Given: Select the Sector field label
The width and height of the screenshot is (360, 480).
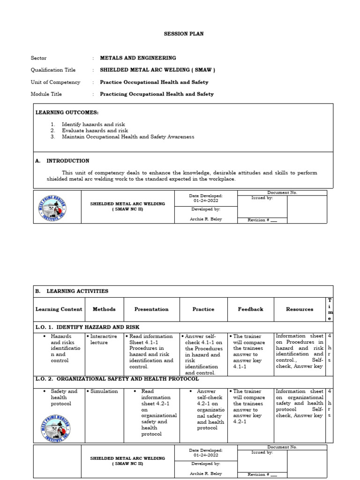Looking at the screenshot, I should [x=38, y=58].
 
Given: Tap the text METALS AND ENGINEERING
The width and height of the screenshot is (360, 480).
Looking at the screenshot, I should [x=138, y=58].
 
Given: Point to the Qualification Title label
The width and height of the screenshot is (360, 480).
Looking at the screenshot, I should [x=53, y=70].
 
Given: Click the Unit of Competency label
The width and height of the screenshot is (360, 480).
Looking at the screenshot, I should [x=55, y=82].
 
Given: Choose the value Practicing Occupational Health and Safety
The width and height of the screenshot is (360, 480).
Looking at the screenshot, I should [x=157, y=94].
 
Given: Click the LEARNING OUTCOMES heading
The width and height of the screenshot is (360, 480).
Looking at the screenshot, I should [x=67, y=112].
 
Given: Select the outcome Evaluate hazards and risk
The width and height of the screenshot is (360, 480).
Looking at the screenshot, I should [x=95, y=131].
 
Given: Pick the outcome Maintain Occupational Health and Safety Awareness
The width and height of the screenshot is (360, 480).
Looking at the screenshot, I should [x=127, y=137].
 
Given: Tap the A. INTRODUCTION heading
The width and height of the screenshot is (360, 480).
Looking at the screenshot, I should [x=62, y=161].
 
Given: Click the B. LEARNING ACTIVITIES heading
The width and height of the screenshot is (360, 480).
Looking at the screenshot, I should [x=72, y=291].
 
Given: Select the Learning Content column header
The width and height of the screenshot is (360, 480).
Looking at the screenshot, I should [x=59, y=309].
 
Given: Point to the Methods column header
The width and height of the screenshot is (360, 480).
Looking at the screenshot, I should [x=104, y=309].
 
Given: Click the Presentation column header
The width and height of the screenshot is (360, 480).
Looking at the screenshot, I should [x=151, y=309].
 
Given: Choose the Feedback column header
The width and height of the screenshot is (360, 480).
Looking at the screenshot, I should [x=250, y=309].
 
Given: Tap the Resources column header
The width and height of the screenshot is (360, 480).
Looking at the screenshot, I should [x=300, y=309].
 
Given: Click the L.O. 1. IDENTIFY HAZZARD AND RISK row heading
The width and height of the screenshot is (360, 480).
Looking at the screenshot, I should [x=87, y=327].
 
